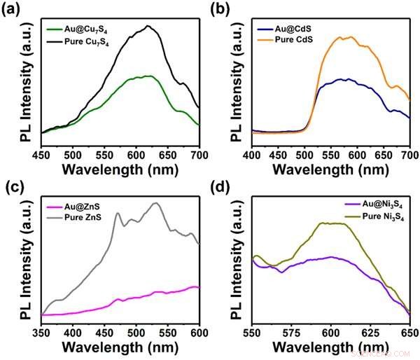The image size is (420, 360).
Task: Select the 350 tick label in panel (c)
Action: [42, 333]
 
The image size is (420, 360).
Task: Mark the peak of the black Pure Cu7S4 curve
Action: [148, 26]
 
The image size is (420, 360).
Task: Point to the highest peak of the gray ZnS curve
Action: [156, 203]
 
